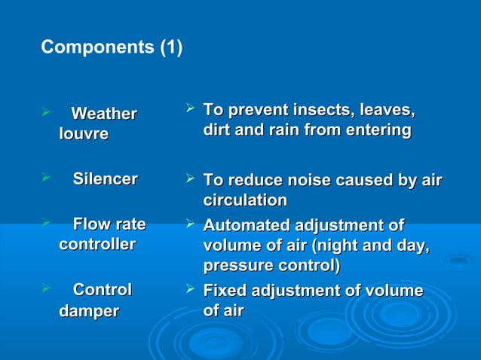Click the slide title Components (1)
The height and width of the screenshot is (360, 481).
pyautogui.click(x=112, y=47)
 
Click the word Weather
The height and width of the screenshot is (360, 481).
pyautogui.click(x=104, y=114)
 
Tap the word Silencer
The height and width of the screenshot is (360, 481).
pyautogui.click(x=105, y=179)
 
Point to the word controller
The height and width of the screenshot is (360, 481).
pyautogui.click(x=97, y=244)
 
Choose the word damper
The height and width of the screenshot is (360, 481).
pyautogui.click(x=88, y=311)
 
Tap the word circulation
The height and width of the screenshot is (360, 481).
pyautogui.click(x=245, y=200)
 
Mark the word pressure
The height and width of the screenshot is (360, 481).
pyautogui.click(x=231, y=266)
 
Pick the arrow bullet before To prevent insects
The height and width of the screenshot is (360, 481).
pyautogui.click(x=191, y=111)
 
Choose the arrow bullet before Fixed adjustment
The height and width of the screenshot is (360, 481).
pyautogui.click(x=191, y=290)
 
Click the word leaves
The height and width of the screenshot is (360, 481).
pyautogui.click(x=385, y=111)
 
